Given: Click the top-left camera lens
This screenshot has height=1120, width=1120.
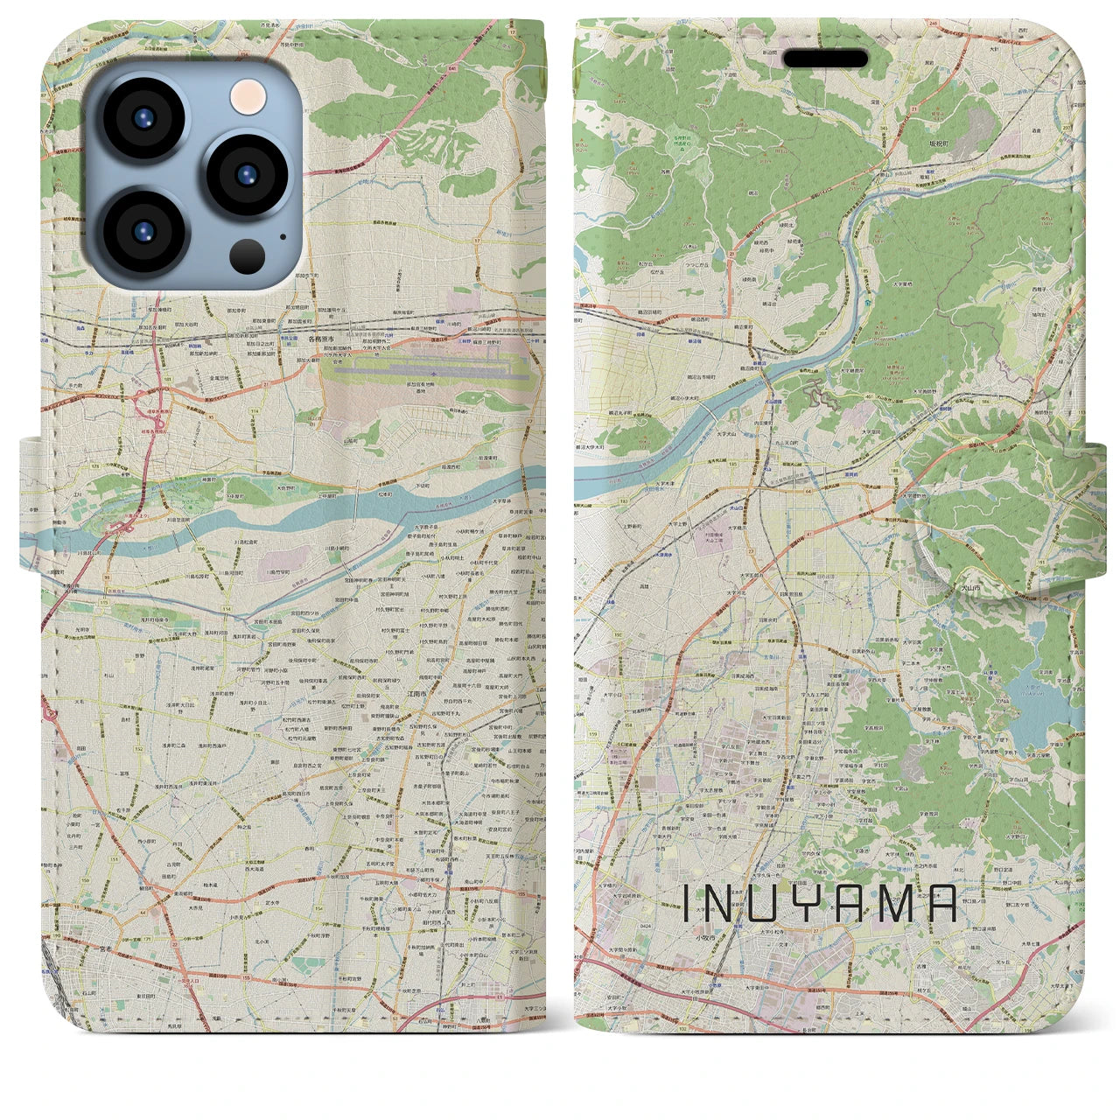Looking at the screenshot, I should click(x=143, y=120).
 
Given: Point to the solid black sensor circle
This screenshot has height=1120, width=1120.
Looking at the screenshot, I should click(x=248, y=256).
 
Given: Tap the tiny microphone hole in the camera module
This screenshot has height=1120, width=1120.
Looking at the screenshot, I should click(x=283, y=235).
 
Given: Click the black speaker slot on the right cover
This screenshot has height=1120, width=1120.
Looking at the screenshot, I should click(x=825, y=59).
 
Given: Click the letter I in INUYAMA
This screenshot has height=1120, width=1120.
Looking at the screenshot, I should click(x=687, y=904).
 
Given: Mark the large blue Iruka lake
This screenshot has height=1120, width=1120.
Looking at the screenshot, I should click(x=1032, y=700).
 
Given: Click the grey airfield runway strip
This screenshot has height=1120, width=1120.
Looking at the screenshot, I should click(x=429, y=372).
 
